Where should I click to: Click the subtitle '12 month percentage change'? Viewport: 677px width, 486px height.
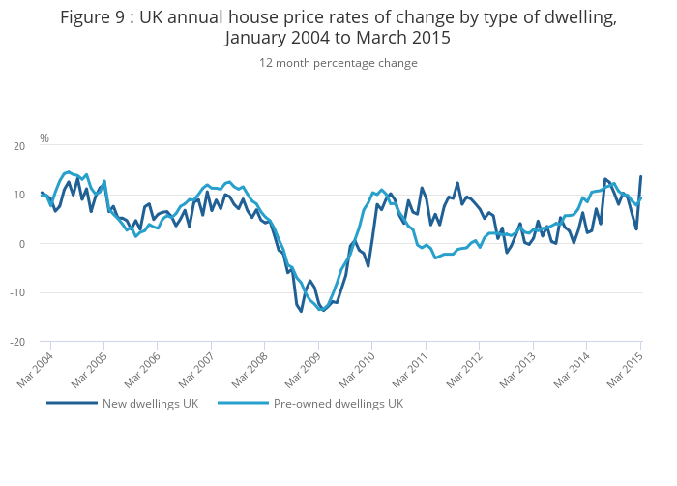tap(338, 63)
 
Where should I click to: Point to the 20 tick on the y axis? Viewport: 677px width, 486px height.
tap(18, 146)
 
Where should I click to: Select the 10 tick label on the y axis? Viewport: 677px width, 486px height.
tap(18, 195)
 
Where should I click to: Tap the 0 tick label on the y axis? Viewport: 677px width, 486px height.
tap(21, 244)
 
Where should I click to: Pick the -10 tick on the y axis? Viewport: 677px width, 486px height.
tap(16, 292)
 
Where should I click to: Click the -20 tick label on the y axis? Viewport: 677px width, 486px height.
tap(16, 342)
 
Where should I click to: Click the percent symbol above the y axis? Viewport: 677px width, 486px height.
tap(44, 138)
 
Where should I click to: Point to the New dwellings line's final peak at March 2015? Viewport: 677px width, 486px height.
tap(640, 177)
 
